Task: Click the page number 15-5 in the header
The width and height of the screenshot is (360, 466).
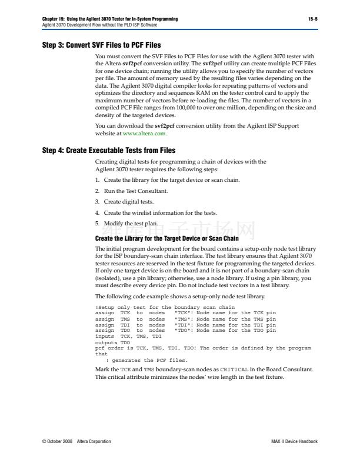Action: pyautogui.click(x=312, y=19)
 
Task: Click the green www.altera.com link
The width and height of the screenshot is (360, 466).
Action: pyautogui.click(x=139, y=134)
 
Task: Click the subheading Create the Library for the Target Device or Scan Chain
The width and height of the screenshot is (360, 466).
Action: pyautogui.click(x=166, y=238)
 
